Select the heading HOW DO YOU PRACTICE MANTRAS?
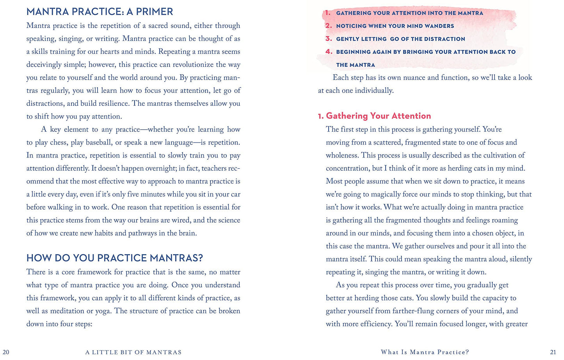coord(114,258)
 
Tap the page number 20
coord(6,352)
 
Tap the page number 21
coord(553,352)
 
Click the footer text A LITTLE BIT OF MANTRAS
coord(133,352)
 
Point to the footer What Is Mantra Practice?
coord(425,352)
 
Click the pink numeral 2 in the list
coord(328,26)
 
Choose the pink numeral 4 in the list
coord(329,52)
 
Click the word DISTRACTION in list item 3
coord(444,39)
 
